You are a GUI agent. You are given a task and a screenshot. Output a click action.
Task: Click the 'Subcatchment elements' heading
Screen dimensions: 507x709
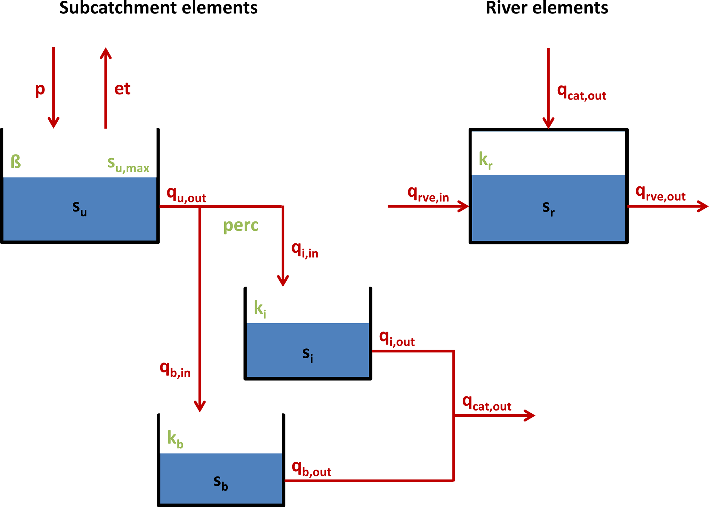(158, 8)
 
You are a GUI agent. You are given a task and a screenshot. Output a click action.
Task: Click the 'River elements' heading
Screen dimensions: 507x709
(547, 8)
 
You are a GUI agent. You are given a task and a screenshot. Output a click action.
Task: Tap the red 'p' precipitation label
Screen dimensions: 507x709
(40, 89)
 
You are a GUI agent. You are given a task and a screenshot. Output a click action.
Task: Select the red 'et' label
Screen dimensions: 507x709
(122, 89)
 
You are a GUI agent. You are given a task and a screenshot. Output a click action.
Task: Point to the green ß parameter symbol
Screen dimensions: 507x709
(16, 161)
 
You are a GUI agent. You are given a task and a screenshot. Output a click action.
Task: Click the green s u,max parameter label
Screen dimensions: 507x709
(128, 164)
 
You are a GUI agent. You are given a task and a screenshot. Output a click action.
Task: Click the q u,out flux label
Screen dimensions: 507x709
(186, 195)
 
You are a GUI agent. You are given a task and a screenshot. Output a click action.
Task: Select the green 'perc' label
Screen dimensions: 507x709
(241, 226)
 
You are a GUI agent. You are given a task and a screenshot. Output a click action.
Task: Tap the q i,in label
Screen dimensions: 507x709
(305, 250)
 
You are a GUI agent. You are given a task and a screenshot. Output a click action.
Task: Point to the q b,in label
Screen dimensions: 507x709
(175, 370)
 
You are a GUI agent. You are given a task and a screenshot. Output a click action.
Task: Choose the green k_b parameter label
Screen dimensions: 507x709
(175, 439)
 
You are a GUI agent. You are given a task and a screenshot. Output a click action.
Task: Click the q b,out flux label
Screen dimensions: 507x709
(311, 469)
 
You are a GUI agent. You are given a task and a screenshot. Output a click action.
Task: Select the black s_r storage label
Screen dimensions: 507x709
(548, 208)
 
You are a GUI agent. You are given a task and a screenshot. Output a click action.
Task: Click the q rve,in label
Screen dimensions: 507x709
(428, 194)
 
